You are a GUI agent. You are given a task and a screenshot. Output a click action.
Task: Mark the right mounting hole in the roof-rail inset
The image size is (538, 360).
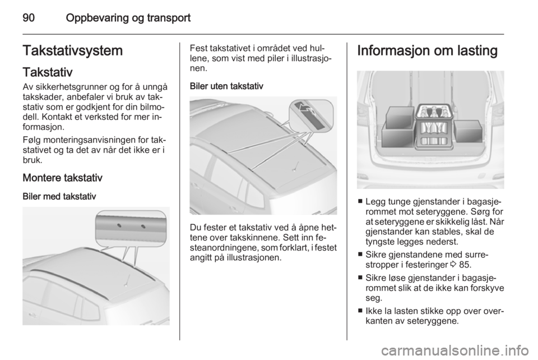point(143,227)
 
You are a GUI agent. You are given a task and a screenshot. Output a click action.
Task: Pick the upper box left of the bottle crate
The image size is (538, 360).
point(398,120)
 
